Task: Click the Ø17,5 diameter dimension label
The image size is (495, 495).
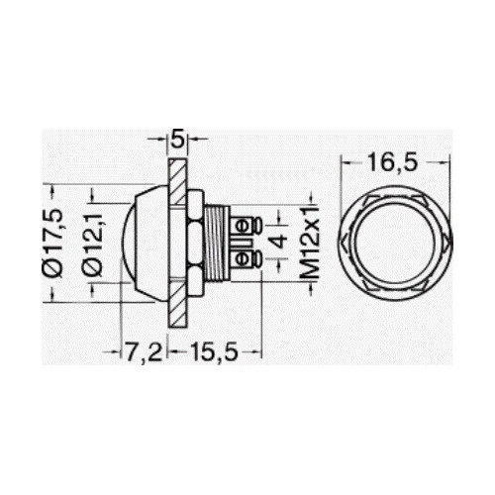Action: (x=52, y=243)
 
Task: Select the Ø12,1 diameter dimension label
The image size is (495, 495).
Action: (x=93, y=244)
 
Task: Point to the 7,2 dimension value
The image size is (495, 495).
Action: (x=144, y=352)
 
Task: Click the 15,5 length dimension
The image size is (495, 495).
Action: (x=214, y=351)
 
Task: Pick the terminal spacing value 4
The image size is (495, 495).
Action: (x=280, y=241)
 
